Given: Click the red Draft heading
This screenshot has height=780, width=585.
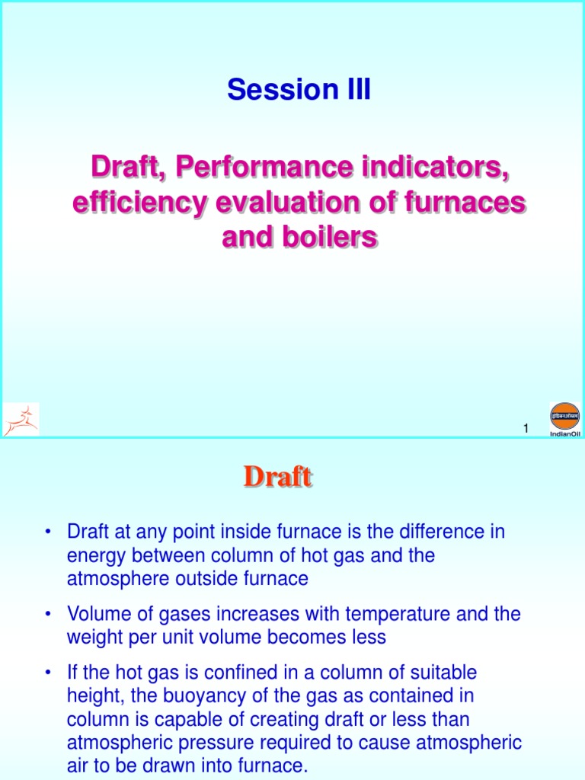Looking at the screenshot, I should point(277,478).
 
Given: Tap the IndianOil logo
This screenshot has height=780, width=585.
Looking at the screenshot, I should point(564,420).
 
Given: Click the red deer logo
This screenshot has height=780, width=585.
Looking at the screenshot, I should point(21,420).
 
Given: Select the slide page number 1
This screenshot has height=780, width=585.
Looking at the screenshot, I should point(526,430).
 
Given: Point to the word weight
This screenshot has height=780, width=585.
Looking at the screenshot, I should point(91,637).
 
